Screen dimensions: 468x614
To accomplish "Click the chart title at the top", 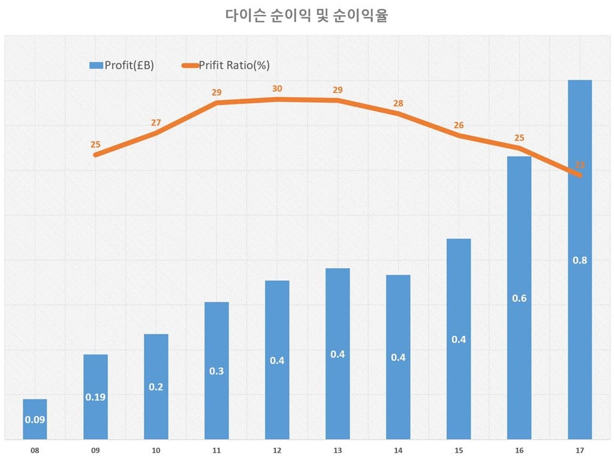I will coord(306,16).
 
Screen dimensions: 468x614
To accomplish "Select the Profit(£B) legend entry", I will coord(122,65).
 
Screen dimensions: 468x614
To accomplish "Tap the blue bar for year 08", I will coord(35,419).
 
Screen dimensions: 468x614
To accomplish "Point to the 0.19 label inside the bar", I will coord(95,397).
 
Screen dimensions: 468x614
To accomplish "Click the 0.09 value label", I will coord(35,419).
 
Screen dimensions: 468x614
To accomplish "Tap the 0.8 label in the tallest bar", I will coord(579,260).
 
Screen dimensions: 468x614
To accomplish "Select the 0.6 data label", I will coord(519,298).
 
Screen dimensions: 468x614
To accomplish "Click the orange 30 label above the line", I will coord(277,88).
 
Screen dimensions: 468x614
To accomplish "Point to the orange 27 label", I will coord(156,122).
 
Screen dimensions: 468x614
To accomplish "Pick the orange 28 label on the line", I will coord(398,103).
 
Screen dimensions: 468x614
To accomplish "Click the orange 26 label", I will coord(459,125).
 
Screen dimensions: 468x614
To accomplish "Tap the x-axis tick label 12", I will coord(277,450).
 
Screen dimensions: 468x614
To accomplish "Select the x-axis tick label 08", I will coord(35,450).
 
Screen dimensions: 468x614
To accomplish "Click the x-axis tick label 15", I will coord(459,450).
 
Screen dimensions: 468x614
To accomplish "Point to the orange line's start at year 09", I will coord(96,155).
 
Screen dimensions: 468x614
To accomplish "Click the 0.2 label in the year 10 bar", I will coord(156,387).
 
